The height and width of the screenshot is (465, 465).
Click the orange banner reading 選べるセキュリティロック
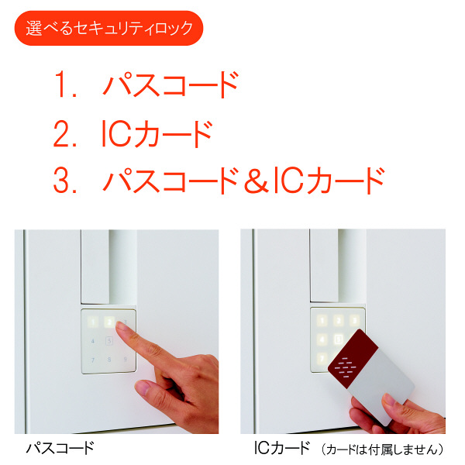(108, 29)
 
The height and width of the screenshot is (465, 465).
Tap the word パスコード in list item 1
(170, 85)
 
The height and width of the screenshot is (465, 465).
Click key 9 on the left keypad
(126, 360)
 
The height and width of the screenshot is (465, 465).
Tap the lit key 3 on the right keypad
(355, 320)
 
